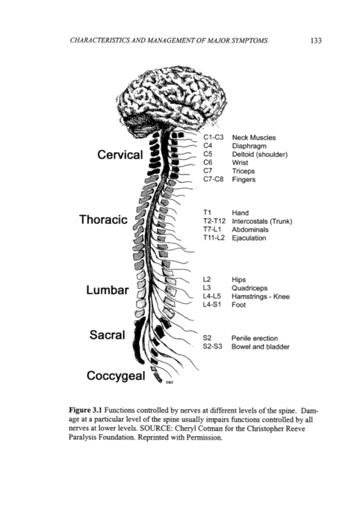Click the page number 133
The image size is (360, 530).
(316, 40)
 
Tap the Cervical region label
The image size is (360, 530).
(120, 155)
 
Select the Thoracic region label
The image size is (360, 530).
(103, 219)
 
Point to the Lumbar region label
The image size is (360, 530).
(108, 290)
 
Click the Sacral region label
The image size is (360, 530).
(108, 335)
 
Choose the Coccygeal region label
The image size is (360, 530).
(116, 376)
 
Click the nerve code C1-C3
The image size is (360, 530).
(213, 137)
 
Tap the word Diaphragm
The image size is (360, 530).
(249, 146)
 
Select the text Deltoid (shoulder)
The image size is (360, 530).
(259, 155)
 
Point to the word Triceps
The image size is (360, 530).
(243, 171)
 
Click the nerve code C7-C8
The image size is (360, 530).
(213, 179)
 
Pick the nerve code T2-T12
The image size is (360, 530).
(214, 221)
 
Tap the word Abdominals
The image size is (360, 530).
(250, 229)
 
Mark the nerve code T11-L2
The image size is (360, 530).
(214, 238)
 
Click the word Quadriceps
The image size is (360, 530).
(249, 288)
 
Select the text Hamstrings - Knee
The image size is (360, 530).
(261, 296)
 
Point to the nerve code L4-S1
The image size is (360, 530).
(212, 305)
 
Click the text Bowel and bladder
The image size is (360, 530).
(261, 346)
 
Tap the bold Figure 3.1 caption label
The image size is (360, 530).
(85, 411)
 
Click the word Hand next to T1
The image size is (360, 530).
(240, 213)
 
